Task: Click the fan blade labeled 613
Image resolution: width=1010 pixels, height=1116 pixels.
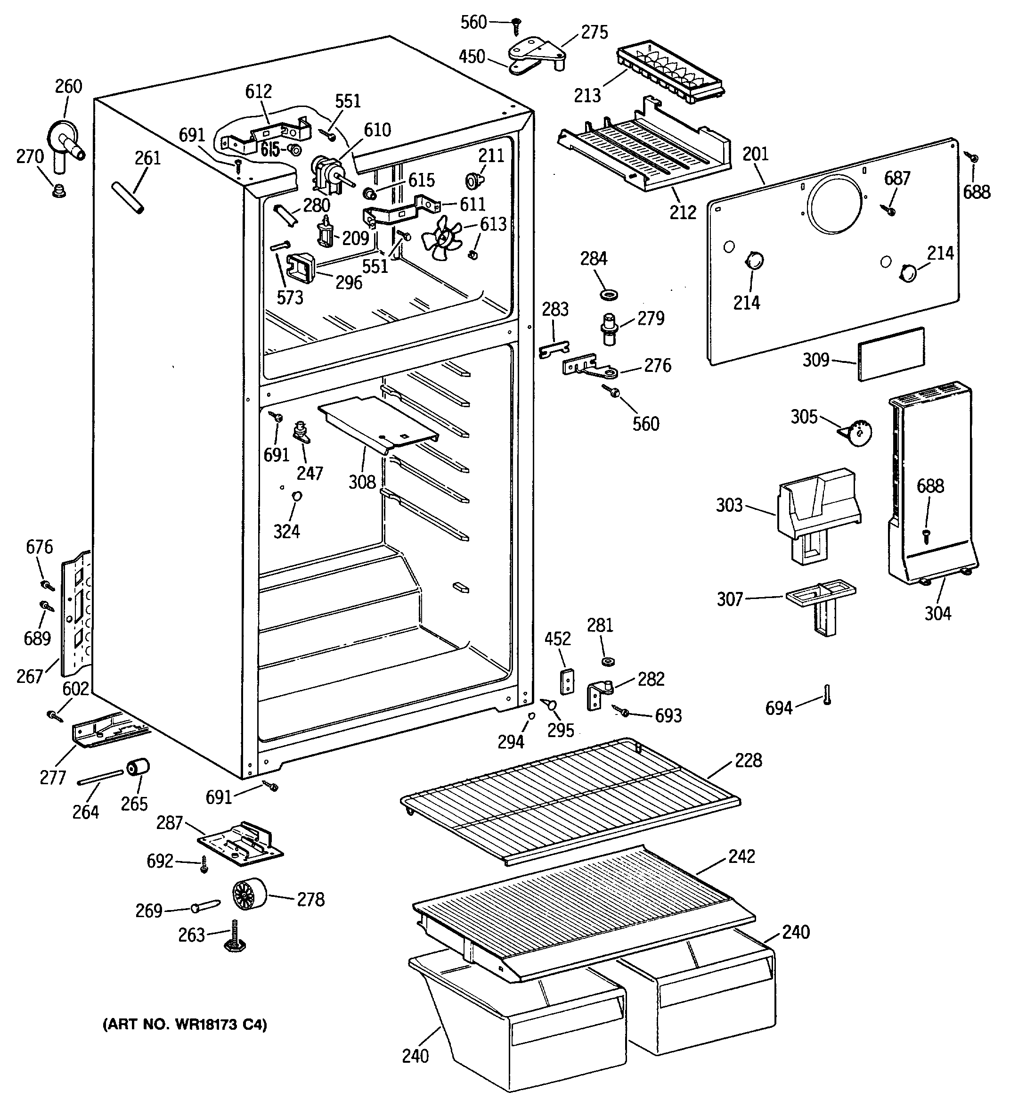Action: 441,238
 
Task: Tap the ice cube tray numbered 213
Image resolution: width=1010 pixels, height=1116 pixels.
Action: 671,74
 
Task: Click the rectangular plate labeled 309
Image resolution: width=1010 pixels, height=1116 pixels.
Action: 891,354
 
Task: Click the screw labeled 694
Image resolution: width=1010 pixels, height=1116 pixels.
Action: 827,694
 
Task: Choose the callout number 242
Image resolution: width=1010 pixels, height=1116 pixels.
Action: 741,856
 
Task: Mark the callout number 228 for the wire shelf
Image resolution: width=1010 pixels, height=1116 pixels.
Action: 748,760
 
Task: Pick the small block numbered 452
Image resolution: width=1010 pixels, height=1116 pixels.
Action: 567,681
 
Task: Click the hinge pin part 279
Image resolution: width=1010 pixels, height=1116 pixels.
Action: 609,329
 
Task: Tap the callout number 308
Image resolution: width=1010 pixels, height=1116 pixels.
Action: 362,482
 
